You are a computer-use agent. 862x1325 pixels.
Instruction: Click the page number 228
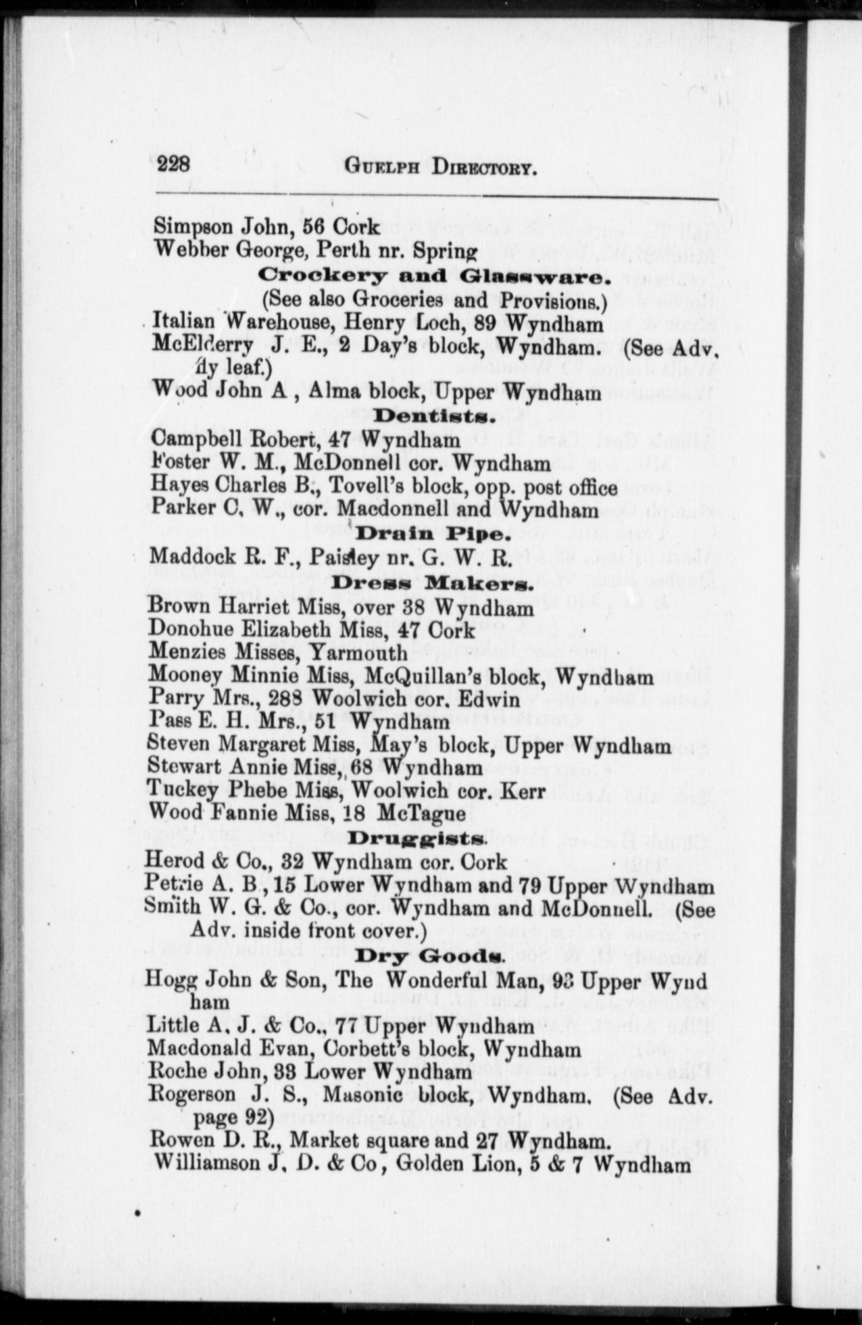point(173,165)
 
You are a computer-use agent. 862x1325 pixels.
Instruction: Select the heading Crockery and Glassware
point(433,276)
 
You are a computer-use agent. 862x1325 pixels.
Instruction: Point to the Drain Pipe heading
point(431,535)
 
